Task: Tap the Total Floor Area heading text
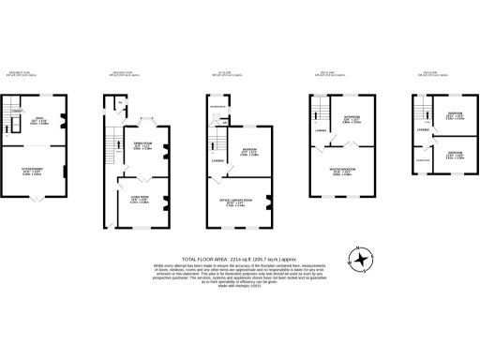point(240,257)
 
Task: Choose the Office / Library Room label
point(238,202)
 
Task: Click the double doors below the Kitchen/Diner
point(35,198)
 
